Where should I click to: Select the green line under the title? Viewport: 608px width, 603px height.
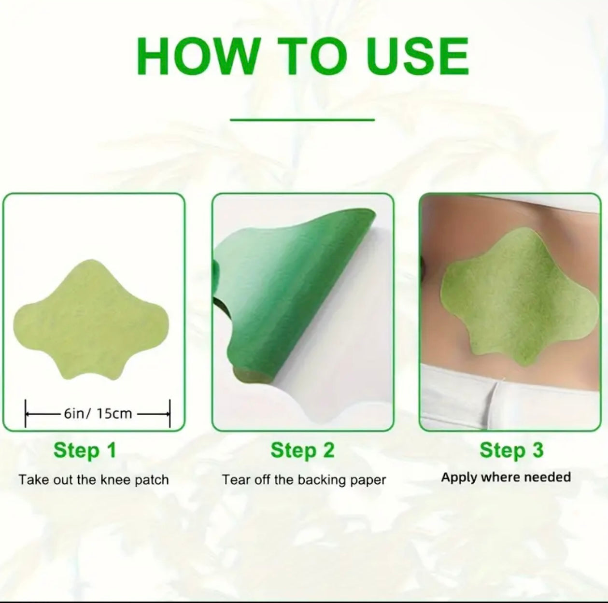click(302, 120)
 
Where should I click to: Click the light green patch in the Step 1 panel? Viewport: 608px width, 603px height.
click(91, 319)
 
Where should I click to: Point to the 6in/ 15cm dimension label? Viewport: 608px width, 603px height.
click(98, 414)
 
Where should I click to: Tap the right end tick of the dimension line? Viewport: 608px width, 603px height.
click(170, 414)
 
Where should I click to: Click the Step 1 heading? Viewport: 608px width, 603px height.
click(85, 450)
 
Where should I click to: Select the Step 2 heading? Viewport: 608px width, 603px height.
click(302, 450)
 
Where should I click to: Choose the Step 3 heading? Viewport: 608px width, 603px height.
click(512, 450)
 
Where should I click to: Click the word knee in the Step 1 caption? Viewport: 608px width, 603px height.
click(115, 480)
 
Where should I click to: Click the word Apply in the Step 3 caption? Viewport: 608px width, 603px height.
click(459, 478)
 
